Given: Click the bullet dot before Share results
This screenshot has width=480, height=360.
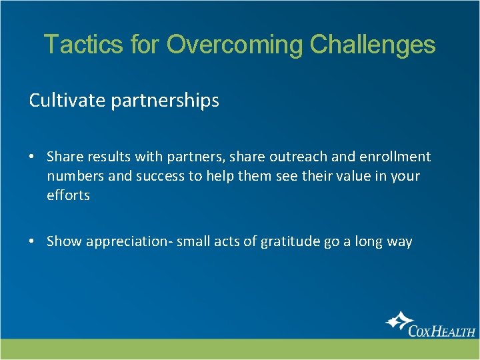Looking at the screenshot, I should pos(33,157).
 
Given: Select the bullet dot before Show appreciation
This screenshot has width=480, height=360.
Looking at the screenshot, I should pos(33,242).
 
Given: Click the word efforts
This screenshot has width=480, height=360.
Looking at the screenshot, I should pos(68,195).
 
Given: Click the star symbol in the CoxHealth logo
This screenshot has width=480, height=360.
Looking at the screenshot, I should pos(398,323).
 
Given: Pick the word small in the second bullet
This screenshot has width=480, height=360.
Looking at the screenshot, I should pos(193,241).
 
